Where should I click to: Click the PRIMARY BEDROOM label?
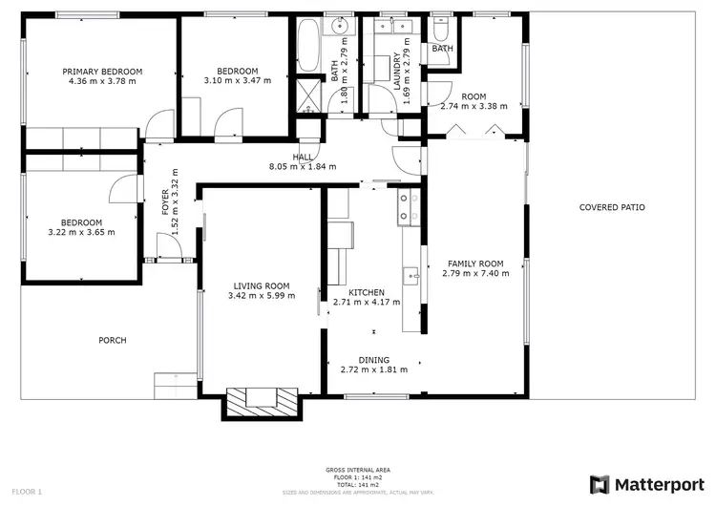(102, 72)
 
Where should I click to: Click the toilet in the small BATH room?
(441, 28)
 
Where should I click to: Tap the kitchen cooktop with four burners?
(408, 207)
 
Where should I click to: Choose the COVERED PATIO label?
(612, 207)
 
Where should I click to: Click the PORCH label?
(113, 340)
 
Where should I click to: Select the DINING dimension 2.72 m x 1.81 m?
(374, 369)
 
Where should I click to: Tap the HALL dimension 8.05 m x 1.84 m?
(303, 168)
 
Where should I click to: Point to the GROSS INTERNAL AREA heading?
(358, 471)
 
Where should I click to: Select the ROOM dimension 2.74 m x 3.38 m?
(474, 108)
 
